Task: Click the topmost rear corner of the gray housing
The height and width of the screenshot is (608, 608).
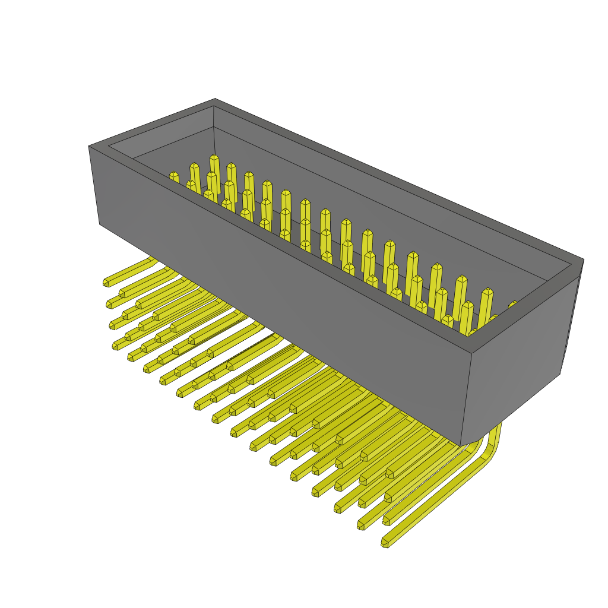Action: [x=215, y=99]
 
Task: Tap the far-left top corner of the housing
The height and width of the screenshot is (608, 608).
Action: [x=89, y=146]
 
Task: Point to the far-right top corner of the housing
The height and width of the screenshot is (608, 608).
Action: [x=583, y=259]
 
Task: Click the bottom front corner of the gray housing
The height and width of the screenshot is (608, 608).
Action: [x=461, y=445]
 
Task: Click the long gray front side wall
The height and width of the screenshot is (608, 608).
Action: [x=279, y=285]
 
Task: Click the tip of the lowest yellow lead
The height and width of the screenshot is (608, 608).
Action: [x=384, y=543]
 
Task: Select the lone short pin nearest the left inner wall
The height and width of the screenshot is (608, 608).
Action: [x=173, y=176]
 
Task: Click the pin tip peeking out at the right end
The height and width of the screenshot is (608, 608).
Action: [x=512, y=305]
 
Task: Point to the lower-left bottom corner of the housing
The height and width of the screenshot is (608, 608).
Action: [x=100, y=224]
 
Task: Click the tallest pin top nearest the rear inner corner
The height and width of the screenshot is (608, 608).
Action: [x=214, y=159]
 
